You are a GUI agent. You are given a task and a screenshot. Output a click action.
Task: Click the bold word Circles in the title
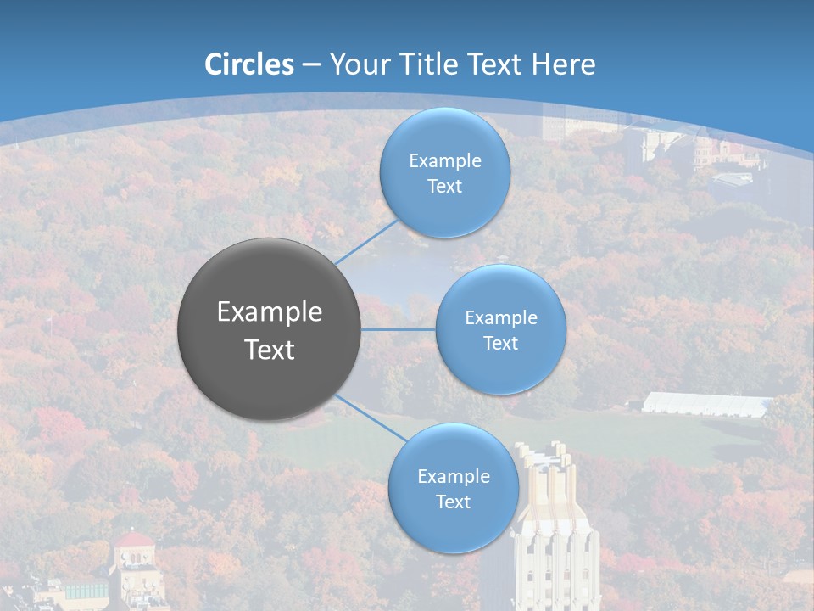click(248, 64)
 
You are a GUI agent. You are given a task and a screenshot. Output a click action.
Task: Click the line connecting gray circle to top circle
click(366, 243)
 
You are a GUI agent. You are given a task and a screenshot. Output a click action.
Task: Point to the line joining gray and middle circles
click(399, 329)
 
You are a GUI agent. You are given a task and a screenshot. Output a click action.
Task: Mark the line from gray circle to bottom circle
click(371, 417)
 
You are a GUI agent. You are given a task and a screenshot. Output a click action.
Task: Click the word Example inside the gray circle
click(270, 312)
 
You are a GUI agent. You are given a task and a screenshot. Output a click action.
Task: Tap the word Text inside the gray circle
click(270, 350)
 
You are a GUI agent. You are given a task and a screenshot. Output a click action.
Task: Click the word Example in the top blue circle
click(444, 161)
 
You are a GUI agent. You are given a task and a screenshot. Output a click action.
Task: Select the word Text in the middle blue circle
click(500, 344)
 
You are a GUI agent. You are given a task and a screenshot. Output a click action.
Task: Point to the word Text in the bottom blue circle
click(453, 502)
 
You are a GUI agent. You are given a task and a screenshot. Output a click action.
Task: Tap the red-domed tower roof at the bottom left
click(134, 540)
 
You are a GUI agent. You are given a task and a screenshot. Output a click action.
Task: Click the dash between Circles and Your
click(311, 65)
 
